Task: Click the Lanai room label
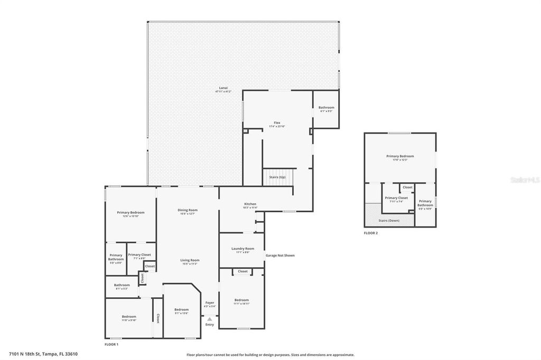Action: pyautogui.click(x=224, y=88)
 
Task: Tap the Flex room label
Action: pyautogui.click(x=277, y=123)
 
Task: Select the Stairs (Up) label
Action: pyautogui.click(x=277, y=177)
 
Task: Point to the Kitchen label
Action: pyautogui.click(x=250, y=204)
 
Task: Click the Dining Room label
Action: pyautogui.click(x=188, y=210)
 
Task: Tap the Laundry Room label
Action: pyautogui.click(x=242, y=249)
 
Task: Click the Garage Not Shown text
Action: pyautogui.click(x=280, y=255)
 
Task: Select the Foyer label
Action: pyautogui.click(x=210, y=302)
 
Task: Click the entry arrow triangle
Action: pyautogui.click(x=210, y=319)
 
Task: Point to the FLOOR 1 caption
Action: pyautogui.click(x=111, y=344)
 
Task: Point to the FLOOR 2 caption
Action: pyautogui.click(x=371, y=233)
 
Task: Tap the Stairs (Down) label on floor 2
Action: pyautogui.click(x=390, y=220)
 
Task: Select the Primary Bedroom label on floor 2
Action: pyautogui.click(x=400, y=156)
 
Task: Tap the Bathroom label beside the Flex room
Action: pyautogui.click(x=326, y=108)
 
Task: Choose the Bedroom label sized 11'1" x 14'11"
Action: pyautogui.click(x=242, y=300)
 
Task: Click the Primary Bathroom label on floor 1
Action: pyautogui.click(x=116, y=258)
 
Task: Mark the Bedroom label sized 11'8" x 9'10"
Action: pyautogui.click(x=129, y=317)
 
